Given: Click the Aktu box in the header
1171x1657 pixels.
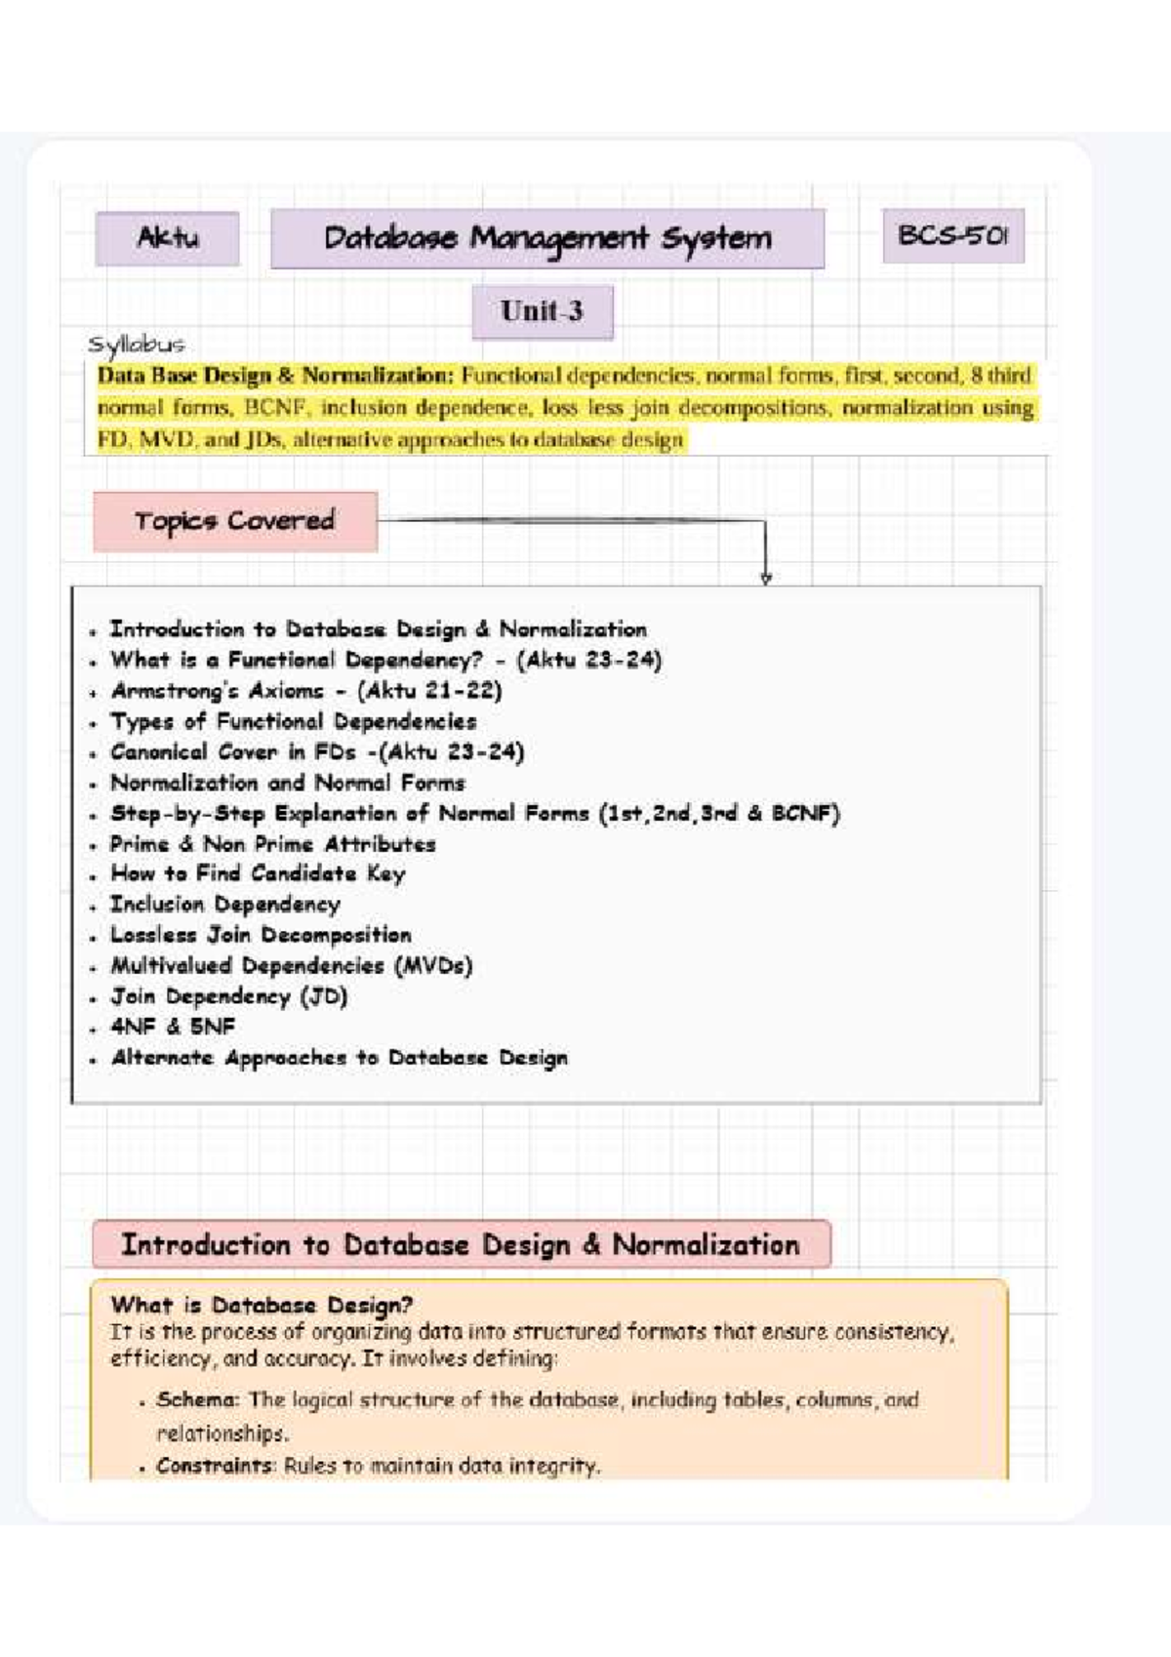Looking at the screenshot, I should tap(167, 238).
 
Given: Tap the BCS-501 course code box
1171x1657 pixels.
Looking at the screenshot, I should tap(952, 236).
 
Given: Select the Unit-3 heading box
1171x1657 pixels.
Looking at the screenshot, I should tap(542, 312).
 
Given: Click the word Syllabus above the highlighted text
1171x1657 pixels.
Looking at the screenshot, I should tap(136, 344).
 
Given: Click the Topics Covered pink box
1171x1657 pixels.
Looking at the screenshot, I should tap(234, 521).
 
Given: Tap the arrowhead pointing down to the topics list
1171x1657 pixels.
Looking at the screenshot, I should tap(766, 578).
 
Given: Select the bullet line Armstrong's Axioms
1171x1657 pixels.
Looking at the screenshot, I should tap(305, 691).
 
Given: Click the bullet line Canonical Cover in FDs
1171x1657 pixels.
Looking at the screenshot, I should tap(316, 752).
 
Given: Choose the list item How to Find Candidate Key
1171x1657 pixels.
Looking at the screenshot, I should tap(257, 873).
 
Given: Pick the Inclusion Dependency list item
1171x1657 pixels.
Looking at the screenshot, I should tap(224, 905).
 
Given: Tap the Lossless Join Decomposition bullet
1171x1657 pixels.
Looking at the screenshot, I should tap(260, 935).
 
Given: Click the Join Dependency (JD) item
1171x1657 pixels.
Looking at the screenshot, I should tap(228, 996).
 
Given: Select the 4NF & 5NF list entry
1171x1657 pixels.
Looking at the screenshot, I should tap(172, 1027).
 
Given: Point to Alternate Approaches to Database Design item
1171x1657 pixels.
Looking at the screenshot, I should tap(338, 1058).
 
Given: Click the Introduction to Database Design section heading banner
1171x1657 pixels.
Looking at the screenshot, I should tap(461, 1245).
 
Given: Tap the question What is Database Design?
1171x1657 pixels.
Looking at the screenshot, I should tap(262, 1305).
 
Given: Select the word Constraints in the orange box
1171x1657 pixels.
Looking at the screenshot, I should tap(216, 1466).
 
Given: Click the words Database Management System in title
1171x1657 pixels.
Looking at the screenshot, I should tap(547, 238).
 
